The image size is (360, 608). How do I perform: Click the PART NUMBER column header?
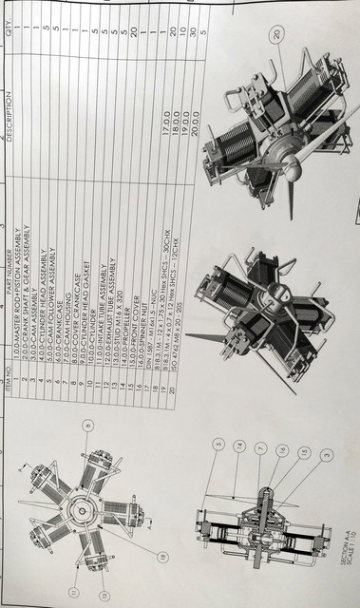[9, 252]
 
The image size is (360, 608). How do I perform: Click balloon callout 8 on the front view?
[88, 426]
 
